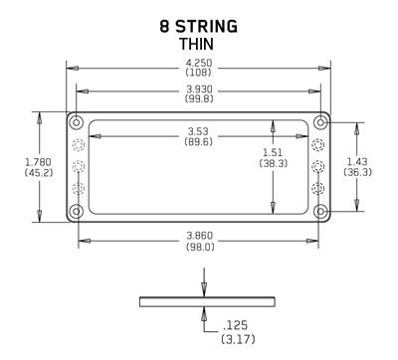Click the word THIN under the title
tap(198, 45)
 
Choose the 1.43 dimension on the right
tap(359, 161)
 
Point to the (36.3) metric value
tap(359, 172)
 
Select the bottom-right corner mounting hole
tap(319, 210)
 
